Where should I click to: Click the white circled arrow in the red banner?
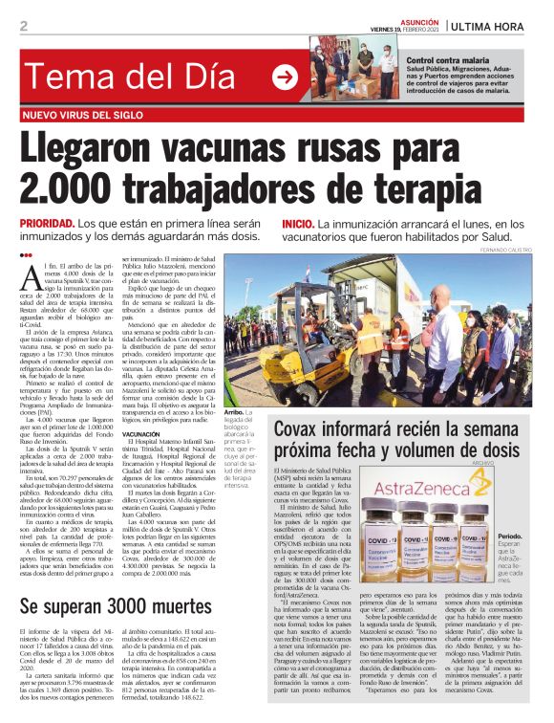point(285,77)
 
